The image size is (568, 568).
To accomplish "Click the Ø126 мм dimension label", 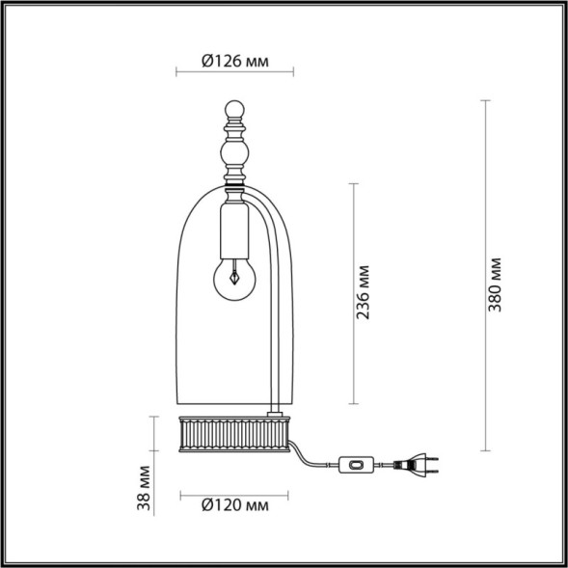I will point(235,62).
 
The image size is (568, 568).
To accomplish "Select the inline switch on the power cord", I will point(359,466).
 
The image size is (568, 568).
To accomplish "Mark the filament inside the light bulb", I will point(233,276).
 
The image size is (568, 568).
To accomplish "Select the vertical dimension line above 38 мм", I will point(155,433).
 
